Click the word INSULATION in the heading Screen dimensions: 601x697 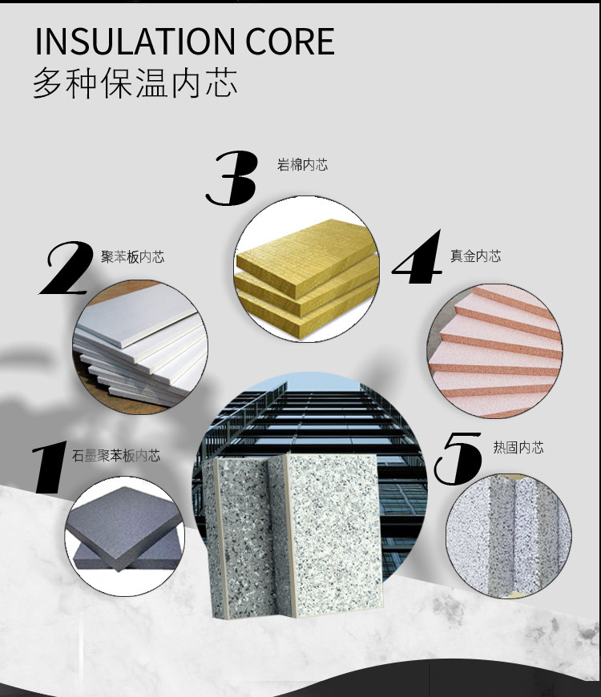[135, 42]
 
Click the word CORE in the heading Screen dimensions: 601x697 [290, 42]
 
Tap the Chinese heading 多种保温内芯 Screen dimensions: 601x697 [135, 83]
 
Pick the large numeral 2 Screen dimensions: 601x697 [66, 268]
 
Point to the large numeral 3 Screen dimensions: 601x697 [232, 178]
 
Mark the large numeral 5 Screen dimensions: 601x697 [458, 458]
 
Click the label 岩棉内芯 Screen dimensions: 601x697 [302, 165]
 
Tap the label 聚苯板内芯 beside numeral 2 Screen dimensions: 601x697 [132, 256]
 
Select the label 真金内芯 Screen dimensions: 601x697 [476, 256]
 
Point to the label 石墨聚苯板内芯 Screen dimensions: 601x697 [116, 456]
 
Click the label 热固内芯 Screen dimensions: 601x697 [518, 447]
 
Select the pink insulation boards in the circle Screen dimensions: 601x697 [494, 351]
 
